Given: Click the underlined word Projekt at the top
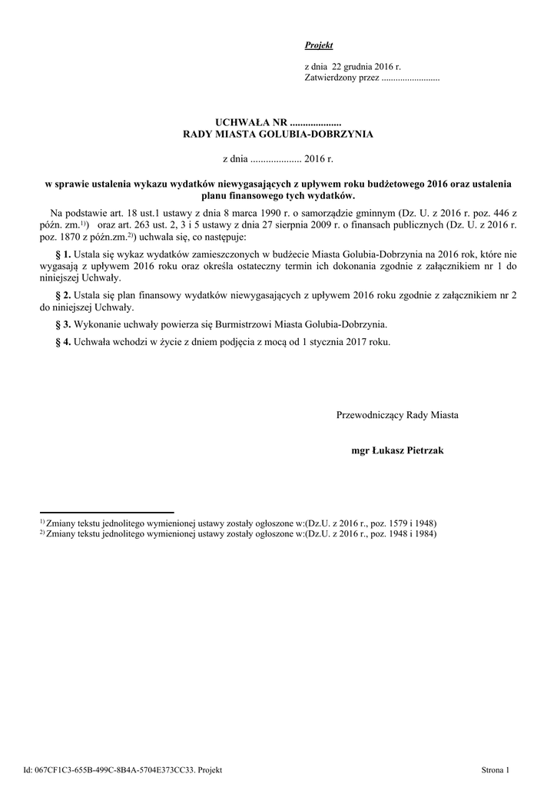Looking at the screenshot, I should click(x=319, y=46).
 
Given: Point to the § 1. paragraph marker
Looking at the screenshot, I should click(x=65, y=254).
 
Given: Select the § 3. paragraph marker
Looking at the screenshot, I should click(x=65, y=324).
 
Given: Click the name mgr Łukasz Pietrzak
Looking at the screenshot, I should click(x=396, y=451).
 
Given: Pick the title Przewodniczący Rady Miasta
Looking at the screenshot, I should click(x=397, y=415).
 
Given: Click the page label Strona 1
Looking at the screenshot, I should click(x=495, y=769).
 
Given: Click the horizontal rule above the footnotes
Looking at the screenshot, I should click(x=107, y=512).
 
